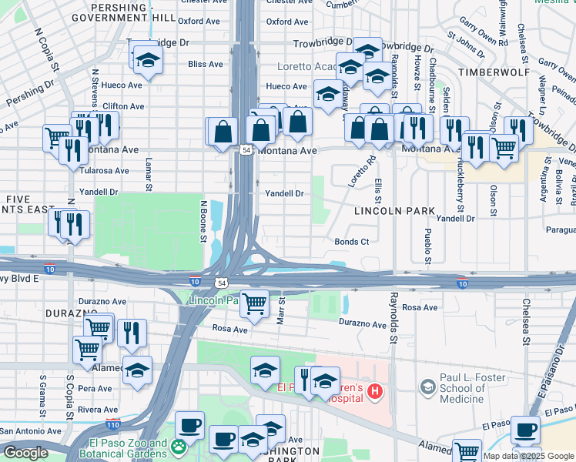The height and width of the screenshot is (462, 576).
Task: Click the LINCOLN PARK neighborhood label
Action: (x=394, y=210)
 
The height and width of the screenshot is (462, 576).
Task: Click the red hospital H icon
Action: (x=375, y=392)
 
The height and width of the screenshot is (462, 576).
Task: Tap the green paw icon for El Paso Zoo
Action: (x=179, y=446)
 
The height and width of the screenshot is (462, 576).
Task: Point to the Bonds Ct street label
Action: (x=352, y=242)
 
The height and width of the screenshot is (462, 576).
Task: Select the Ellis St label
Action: (x=379, y=189)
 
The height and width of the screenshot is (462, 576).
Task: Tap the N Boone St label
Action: (x=204, y=222)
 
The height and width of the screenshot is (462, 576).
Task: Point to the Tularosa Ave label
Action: (x=104, y=170)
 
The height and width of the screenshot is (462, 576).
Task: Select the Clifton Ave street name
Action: (x=123, y=106)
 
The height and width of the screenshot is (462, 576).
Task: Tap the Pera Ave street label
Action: (x=97, y=389)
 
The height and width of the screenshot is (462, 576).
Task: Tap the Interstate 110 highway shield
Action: (x=113, y=423)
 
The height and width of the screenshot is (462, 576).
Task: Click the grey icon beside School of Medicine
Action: (x=428, y=386)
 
